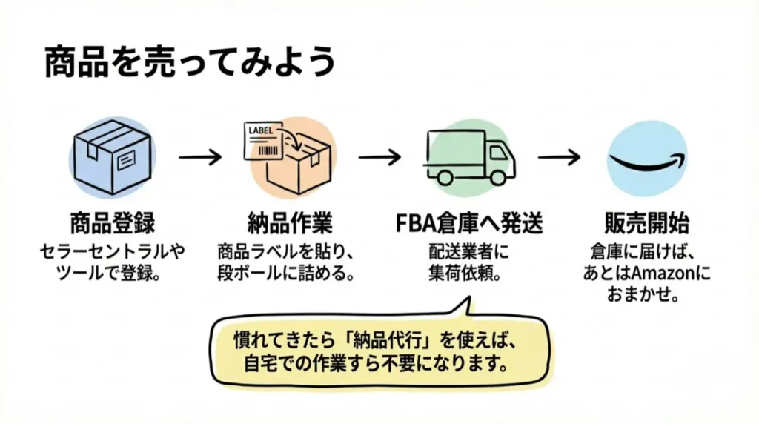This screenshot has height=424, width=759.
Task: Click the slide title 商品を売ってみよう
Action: [x=190, y=62]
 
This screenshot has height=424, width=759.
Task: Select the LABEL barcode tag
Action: [x=267, y=141]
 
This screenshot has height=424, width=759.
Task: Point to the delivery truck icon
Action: [x=470, y=156]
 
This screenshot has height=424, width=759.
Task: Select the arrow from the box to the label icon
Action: [x=200, y=157]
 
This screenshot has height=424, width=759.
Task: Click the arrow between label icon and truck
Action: [x=380, y=157]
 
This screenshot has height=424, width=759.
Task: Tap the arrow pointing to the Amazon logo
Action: [x=559, y=157]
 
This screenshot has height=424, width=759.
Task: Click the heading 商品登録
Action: [x=113, y=222]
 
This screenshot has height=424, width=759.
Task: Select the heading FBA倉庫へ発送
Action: [x=469, y=222]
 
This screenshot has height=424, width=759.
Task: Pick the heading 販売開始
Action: [x=647, y=222]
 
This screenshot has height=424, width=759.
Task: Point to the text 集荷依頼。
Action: [x=469, y=273]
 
